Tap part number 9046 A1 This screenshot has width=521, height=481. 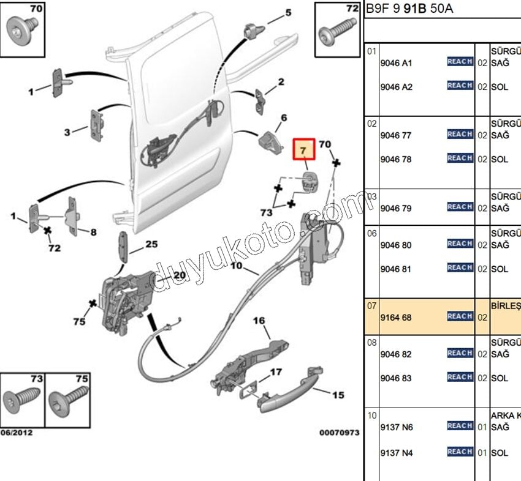point(397,62)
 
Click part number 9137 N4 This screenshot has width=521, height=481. point(397,453)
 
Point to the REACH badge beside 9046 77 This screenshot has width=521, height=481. point(460,134)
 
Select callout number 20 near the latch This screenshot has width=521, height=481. point(178,275)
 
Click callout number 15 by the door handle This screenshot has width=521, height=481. point(338,395)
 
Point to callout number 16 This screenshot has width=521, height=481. point(259,321)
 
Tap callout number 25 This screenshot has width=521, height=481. point(151,244)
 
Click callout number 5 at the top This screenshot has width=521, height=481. point(288,13)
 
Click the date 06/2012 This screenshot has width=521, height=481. point(17,433)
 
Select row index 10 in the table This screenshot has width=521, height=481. point(371,416)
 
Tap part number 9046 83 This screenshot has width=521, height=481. point(396,378)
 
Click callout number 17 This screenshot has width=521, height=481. point(276,371)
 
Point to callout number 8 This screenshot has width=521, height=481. point(93,233)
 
